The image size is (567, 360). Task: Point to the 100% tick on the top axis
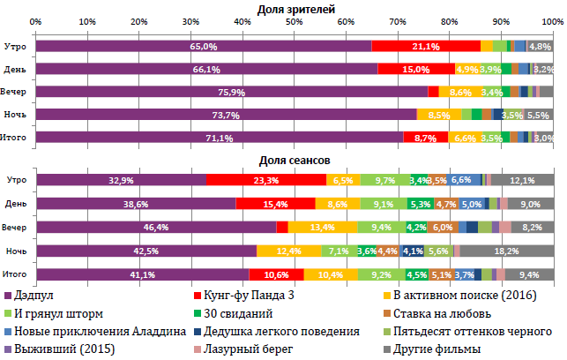(x=552, y=20)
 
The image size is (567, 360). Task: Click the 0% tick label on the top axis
(x=35, y=20)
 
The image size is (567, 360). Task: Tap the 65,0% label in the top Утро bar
(x=203, y=46)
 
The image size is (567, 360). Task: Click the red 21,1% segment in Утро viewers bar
(x=426, y=46)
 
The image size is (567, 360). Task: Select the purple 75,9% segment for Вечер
(x=231, y=91)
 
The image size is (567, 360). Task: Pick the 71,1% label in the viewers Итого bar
(x=219, y=138)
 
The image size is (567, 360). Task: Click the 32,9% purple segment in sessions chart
(x=120, y=180)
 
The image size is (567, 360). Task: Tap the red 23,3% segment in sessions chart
(x=265, y=180)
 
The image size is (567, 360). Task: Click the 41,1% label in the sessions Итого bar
(x=141, y=274)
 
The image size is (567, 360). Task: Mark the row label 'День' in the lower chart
(x=16, y=204)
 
